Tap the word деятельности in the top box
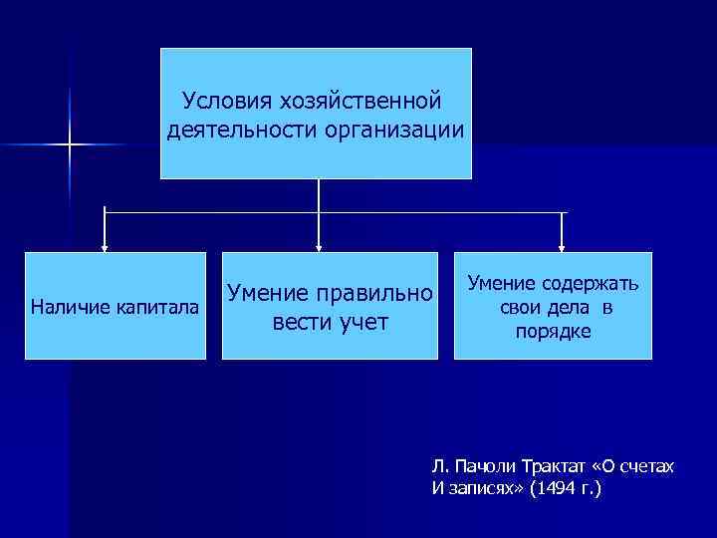coord(233,130)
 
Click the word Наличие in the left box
coord(69,307)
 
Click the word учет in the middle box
coord(362,323)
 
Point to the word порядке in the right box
coord(553,330)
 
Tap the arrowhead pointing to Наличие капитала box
coord(105,245)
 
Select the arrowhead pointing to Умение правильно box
coord(319,245)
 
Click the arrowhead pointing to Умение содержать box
coord(563,245)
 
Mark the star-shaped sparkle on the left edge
coord(70,145)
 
